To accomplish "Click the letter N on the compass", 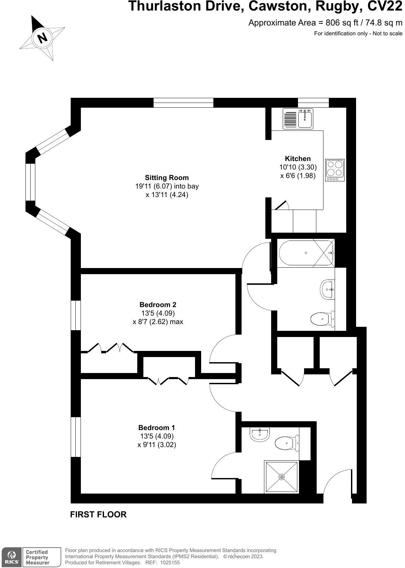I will tap(42, 38).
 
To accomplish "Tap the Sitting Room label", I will tap(166, 177).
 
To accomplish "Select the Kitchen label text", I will tap(298, 159).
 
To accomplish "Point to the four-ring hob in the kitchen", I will tap(335, 170).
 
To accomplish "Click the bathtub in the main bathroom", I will tap(305, 253).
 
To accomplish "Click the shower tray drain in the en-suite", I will tap(281, 477).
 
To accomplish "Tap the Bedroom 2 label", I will tap(158, 304).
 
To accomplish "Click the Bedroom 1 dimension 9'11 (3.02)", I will tap(157, 444).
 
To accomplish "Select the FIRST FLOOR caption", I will tap(98, 514).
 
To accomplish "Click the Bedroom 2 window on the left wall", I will tap(75, 315).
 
